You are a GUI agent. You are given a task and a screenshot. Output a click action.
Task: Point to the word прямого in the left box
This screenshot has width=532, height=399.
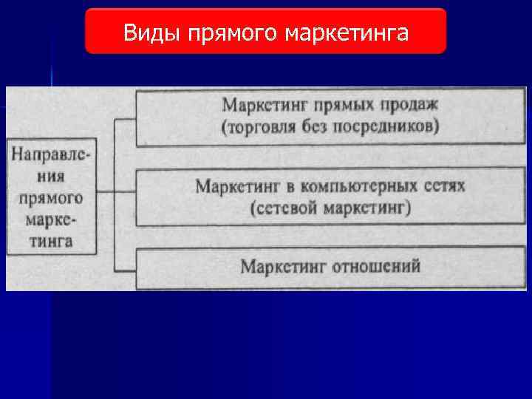52,197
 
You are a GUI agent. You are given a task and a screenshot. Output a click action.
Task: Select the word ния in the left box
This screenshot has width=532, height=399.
52,177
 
